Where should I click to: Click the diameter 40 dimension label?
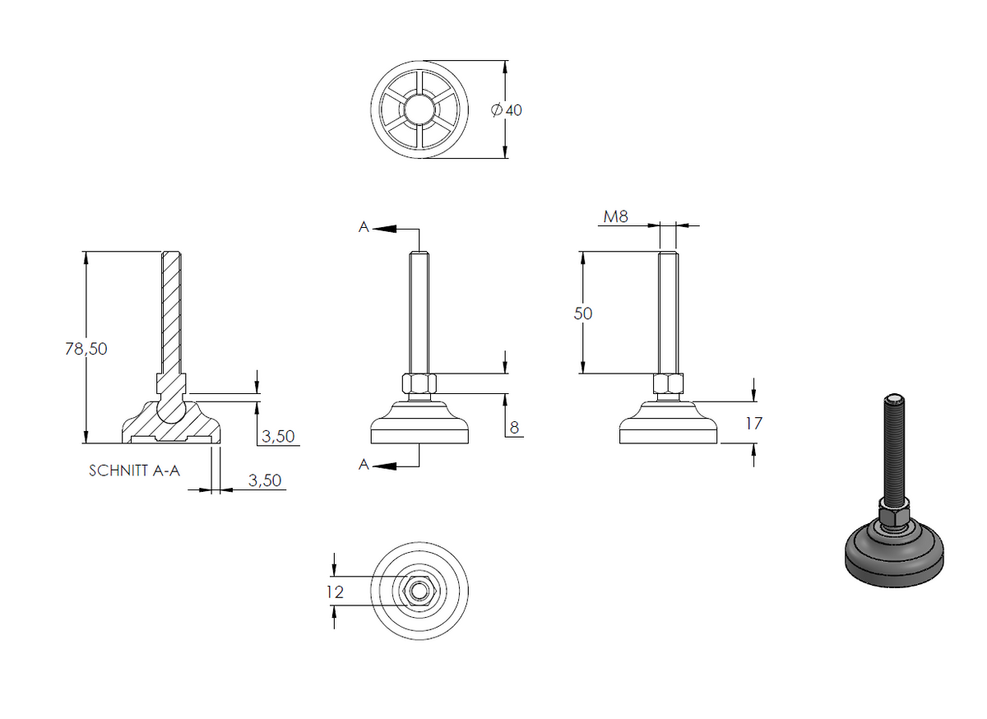pyautogui.click(x=507, y=109)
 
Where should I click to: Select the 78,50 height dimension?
pyautogui.click(x=86, y=349)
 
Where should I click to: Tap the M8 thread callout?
pyautogui.click(x=615, y=216)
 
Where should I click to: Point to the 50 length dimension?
pyautogui.click(x=583, y=313)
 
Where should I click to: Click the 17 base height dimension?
pyautogui.click(x=753, y=424)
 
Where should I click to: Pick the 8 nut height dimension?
pyautogui.click(x=514, y=427)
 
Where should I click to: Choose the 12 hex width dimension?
pyautogui.click(x=336, y=592)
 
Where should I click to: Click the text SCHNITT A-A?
pyautogui.click(x=134, y=471)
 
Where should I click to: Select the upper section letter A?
pyautogui.click(x=364, y=227)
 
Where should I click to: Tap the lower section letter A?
pyautogui.click(x=364, y=464)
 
